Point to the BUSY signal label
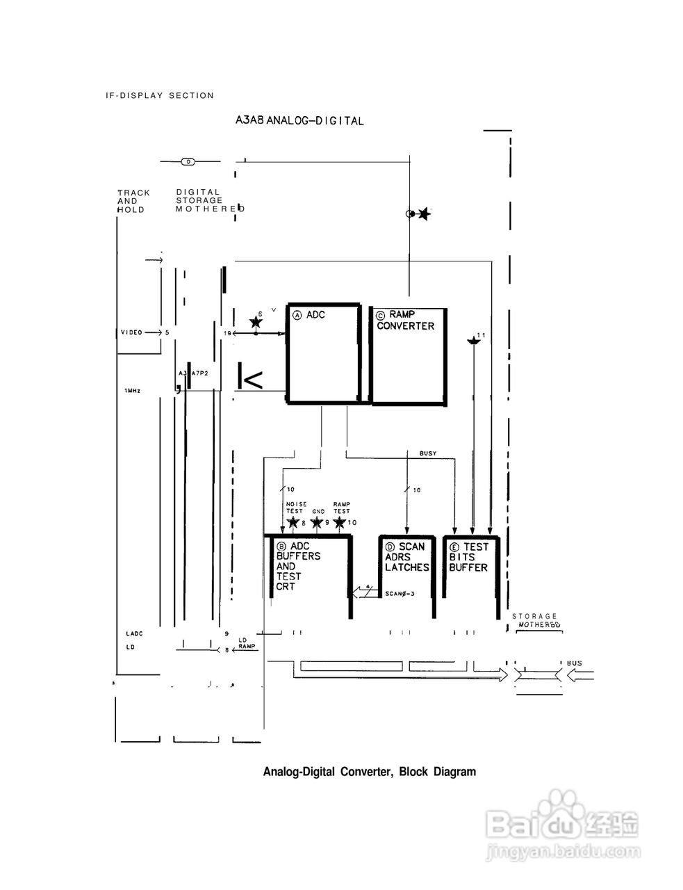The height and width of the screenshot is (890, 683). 428,453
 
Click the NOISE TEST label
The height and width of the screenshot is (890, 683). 294,508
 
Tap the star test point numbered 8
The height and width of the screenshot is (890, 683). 293,522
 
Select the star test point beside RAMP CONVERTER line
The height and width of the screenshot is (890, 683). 423,214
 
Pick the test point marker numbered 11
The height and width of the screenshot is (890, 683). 474,341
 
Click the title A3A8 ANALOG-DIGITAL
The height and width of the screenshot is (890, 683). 299,120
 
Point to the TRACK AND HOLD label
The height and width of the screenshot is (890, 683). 133,201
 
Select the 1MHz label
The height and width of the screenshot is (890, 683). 133,391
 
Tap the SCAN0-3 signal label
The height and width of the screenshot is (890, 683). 400,594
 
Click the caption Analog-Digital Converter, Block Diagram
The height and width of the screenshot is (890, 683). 369,772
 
